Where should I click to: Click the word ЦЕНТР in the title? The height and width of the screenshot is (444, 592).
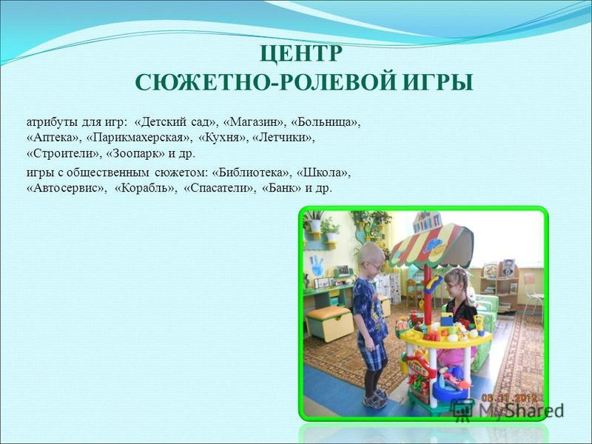pos(301,53)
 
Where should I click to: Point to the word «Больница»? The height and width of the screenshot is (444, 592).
pos(326,122)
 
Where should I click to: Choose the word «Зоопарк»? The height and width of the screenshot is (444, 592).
pos(136,154)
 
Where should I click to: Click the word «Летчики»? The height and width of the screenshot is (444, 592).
pos(283,138)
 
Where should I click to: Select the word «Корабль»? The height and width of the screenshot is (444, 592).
pos(146,188)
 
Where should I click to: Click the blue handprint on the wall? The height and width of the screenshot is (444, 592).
pos(317,265)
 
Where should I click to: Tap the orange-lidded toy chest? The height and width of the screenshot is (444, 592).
pos(329,323)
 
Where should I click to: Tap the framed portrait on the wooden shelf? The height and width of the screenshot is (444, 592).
pos(508,269)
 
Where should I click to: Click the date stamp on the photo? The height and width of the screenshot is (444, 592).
pos(510,398)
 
